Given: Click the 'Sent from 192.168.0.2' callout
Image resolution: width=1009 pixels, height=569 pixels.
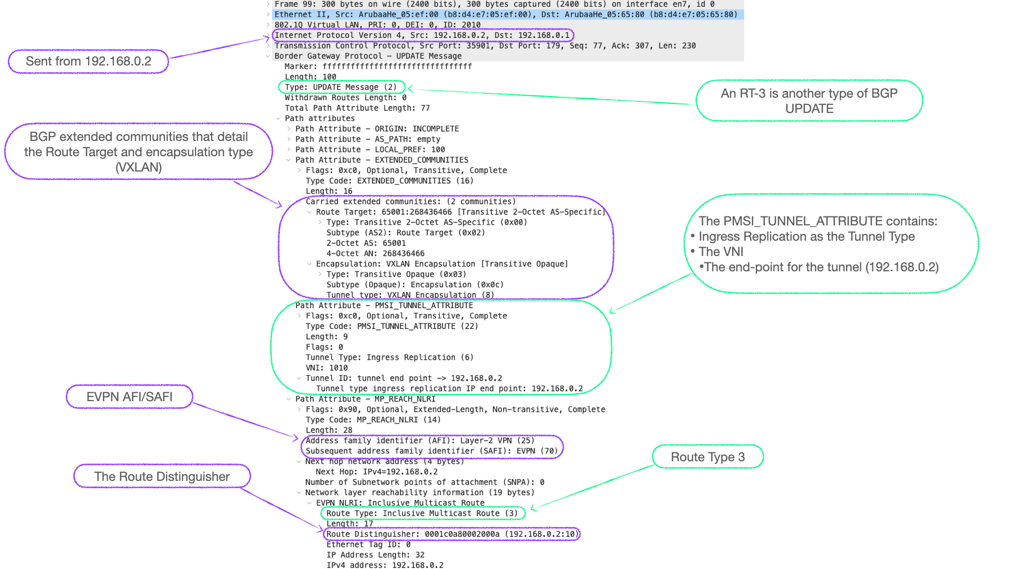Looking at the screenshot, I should (88, 61).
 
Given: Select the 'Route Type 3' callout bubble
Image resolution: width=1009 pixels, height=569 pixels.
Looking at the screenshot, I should (707, 457).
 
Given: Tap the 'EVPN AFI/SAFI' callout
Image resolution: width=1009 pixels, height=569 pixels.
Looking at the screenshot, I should (129, 397).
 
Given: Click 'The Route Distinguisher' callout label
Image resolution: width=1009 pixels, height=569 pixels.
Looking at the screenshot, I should (161, 477).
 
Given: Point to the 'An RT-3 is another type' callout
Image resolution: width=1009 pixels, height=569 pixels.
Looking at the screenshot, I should (809, 101).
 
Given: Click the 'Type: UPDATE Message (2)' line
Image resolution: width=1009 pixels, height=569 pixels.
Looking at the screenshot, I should (341, 87).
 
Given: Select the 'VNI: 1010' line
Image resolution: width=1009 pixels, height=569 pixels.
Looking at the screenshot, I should (326, 368).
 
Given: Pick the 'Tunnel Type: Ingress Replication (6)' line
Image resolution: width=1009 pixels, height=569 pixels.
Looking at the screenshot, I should (389, 357).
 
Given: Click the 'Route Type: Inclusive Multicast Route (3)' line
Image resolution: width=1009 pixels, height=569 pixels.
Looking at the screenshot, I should (421, 513).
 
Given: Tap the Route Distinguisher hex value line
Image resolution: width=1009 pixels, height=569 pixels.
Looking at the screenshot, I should (451, 534).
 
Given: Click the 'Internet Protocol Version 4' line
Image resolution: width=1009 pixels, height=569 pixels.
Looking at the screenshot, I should (422, 35).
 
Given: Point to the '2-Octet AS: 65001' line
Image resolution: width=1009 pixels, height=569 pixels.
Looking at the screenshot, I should (366, 243).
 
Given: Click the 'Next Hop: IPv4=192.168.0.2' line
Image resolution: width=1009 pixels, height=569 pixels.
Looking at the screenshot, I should (377, 472).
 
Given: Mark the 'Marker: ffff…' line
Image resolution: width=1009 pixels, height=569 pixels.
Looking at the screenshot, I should (378, 67).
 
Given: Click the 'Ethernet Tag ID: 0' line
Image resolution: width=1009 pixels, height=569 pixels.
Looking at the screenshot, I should (368, 544).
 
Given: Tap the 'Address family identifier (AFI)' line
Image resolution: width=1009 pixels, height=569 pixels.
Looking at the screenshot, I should (420, 441).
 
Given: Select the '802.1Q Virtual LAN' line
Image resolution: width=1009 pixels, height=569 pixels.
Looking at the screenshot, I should (377, 25).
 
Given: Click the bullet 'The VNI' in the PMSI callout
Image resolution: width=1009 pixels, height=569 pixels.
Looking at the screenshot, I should (720, 252).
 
